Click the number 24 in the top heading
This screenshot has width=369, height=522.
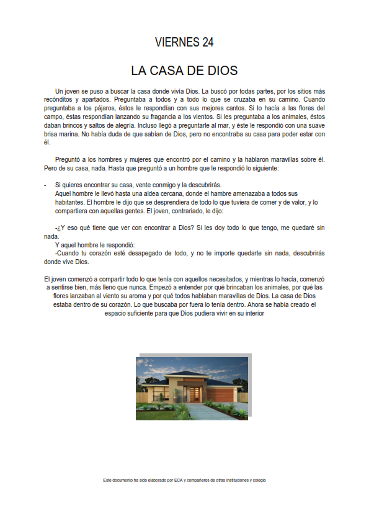pos(207,42)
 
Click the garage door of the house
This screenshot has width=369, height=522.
pos(220,394)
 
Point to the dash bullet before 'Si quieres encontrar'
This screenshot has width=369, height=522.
pos(46,185)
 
